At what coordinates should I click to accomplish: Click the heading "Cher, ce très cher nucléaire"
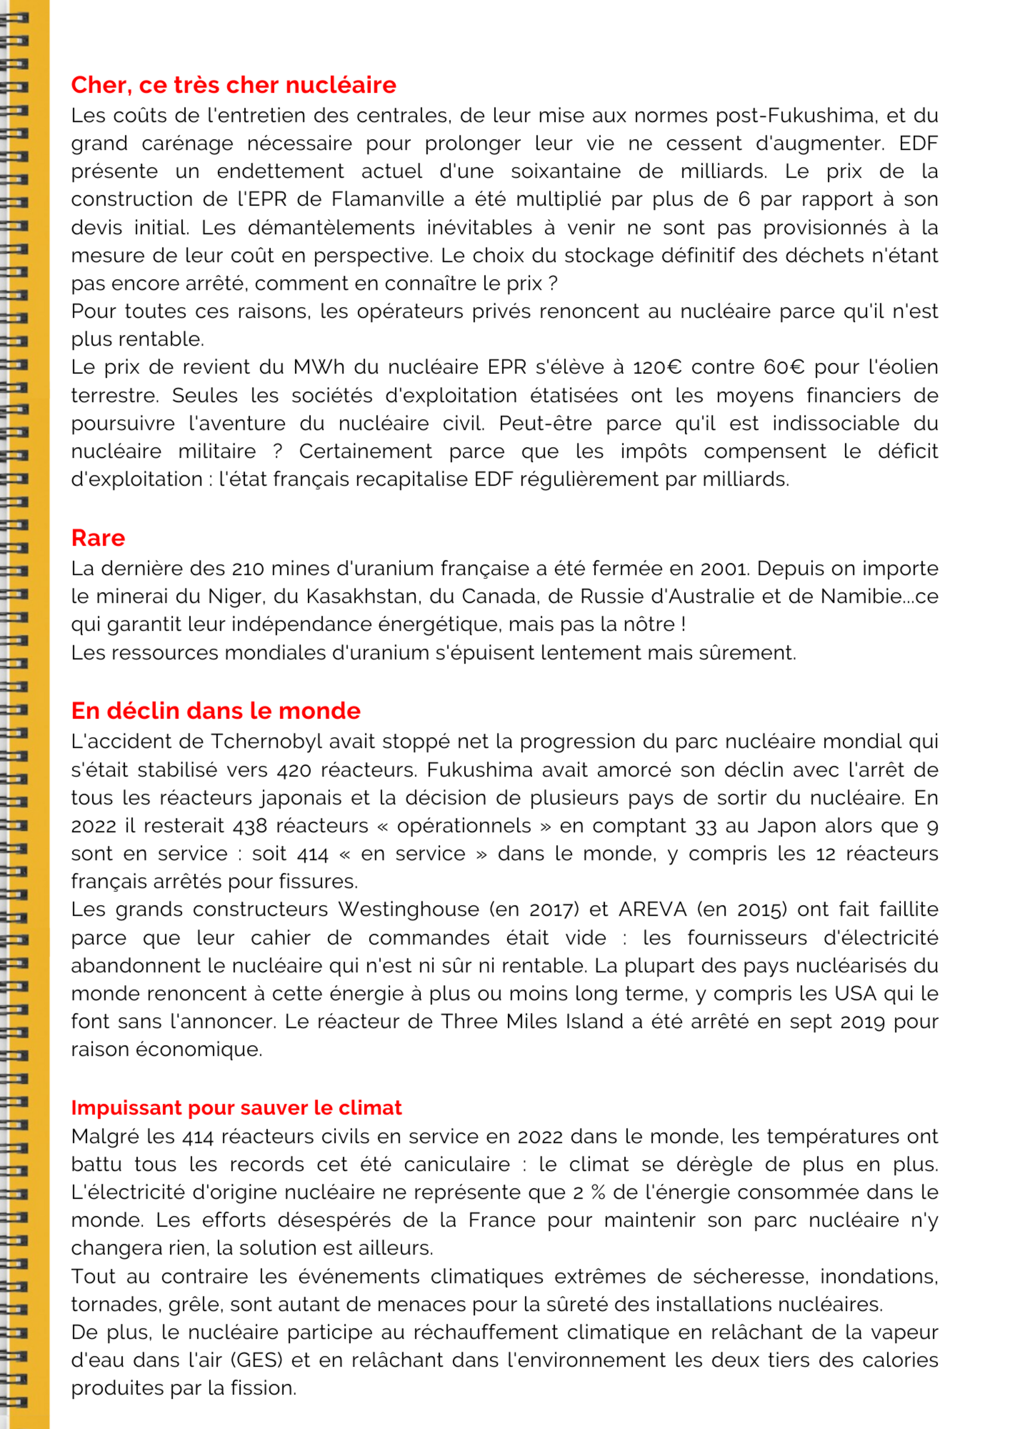233,85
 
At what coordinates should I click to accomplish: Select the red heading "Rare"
98,538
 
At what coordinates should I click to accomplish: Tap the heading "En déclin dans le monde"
215,711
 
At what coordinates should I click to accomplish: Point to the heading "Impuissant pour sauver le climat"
236,1108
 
